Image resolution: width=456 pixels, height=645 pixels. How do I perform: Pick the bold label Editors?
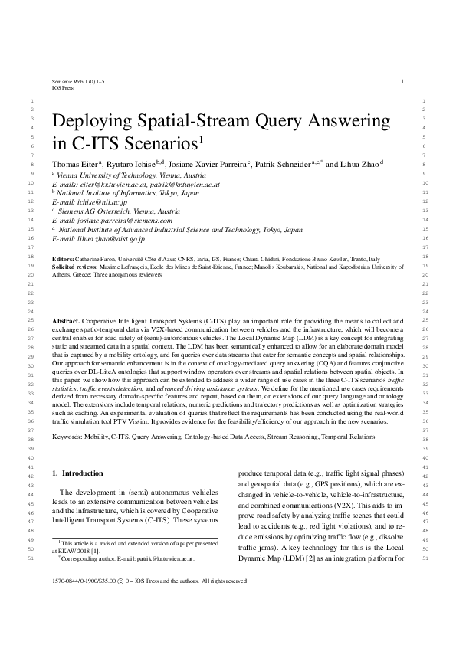pyautogui.click(x=61, y=260)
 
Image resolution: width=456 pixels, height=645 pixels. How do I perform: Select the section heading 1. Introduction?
pyautogui.click(x=75, y=473)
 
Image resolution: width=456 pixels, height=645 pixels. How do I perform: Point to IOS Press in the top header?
pyautogui.click(x=63, y=88)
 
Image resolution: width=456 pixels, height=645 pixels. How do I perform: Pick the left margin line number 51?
pyautogui.click(x=30, y=559)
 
